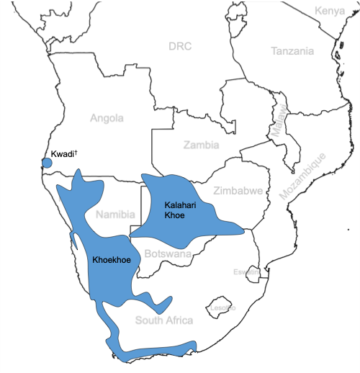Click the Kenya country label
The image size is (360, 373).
click(x=330, y=12)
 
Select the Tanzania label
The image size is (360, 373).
click(x=292, y=51)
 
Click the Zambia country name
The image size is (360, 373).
click(x=201, y=145)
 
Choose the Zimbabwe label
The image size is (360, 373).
click(x=238, y=191)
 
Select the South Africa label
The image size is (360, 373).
click(x=164, y=320)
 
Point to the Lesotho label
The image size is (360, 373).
click(x=222, y=307)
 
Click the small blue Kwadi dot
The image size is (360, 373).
click(x=47, y=163)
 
